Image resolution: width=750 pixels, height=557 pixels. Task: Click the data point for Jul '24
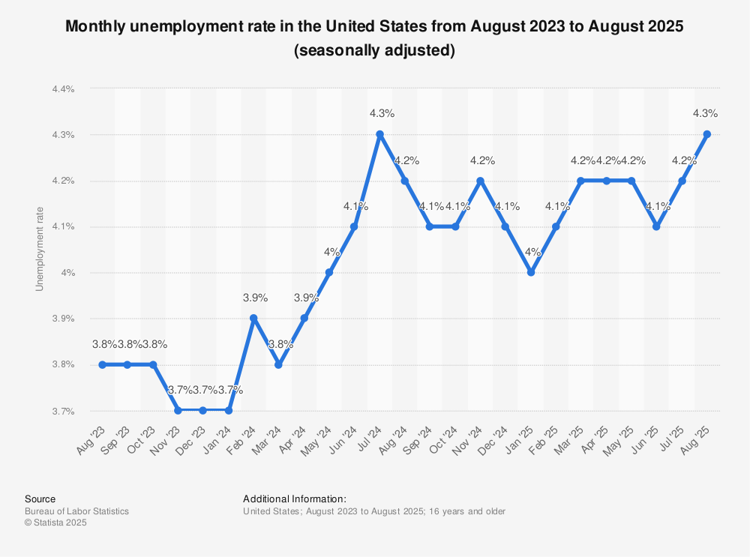[x=379, y=134]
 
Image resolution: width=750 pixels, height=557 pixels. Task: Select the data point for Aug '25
[x=706, y=134]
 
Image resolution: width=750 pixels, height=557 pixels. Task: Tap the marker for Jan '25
[x=530, y=272]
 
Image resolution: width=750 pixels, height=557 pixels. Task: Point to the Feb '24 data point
[x=253, y=318]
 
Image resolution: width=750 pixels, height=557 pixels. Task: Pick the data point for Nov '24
[x=480, y=181]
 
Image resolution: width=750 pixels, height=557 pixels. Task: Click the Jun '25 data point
[x=656, y=226]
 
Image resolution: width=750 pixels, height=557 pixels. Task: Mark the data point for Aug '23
[x=103, y=364]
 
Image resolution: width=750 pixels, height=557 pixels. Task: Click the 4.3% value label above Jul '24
[x=382, y=113]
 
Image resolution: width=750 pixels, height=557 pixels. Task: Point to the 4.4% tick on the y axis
[x=63, y=88]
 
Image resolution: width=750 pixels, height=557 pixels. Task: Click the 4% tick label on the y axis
[x=68, y=273]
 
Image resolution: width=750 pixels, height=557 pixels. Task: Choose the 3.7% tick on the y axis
[x=63, y=411]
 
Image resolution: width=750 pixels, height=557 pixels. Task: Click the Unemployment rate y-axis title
[x=40, y=249]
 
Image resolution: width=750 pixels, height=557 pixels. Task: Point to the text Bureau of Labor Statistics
[x=76, y=511]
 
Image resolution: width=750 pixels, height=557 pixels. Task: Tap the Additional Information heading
[x=294, y=499]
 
